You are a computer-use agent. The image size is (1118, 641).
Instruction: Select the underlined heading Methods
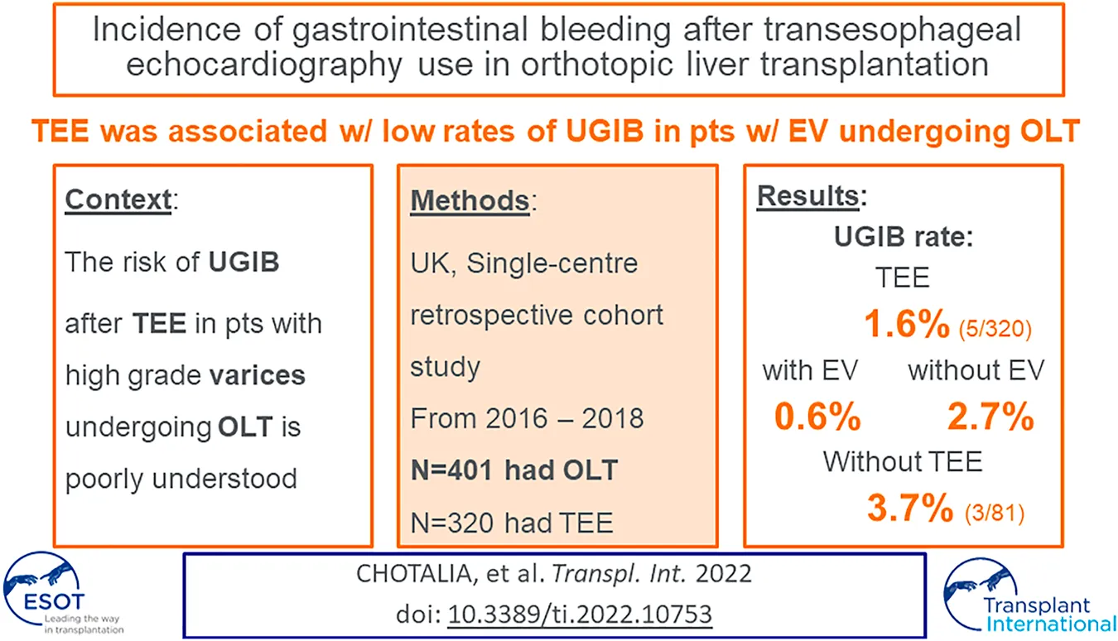click(470, 200)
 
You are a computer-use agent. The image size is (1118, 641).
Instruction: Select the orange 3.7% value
click(910, 509)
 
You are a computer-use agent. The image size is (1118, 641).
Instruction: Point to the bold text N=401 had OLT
click(514, 470)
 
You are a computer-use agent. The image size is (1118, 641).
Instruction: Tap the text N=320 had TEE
click(512, 522)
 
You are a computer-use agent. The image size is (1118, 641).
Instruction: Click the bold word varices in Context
click(258, 375)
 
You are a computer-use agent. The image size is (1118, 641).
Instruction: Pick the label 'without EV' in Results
click(976, 370)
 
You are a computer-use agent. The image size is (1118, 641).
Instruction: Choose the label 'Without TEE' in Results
click(903, 461)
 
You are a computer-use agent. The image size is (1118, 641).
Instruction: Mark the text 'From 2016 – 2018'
click(527, 417)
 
